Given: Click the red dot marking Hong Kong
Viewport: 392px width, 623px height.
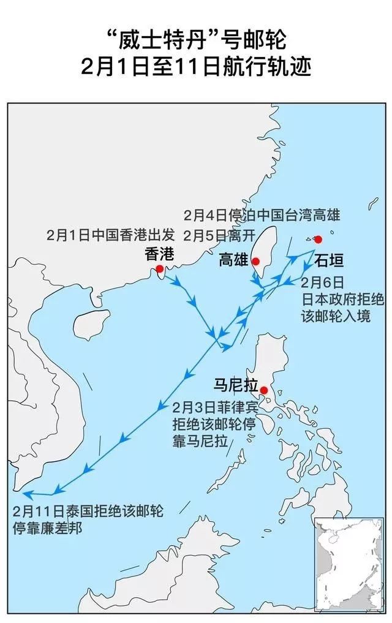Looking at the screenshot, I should (x=160, y=269).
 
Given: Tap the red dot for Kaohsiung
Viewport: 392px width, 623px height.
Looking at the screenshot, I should (x=256, y=262).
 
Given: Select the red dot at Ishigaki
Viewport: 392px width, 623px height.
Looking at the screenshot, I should (x=317, y=239).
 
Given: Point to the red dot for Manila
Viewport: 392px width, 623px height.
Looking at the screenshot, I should (x=264, y=390).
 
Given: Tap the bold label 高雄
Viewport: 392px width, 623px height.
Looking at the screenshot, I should (x=233, y=261).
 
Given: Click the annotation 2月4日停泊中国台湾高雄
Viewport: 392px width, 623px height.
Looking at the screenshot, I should (x=262, y=216).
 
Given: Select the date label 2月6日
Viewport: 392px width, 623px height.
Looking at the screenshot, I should (x=323, y=282).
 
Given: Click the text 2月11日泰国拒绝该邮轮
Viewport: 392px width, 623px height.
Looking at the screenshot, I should (x=86, y=510).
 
